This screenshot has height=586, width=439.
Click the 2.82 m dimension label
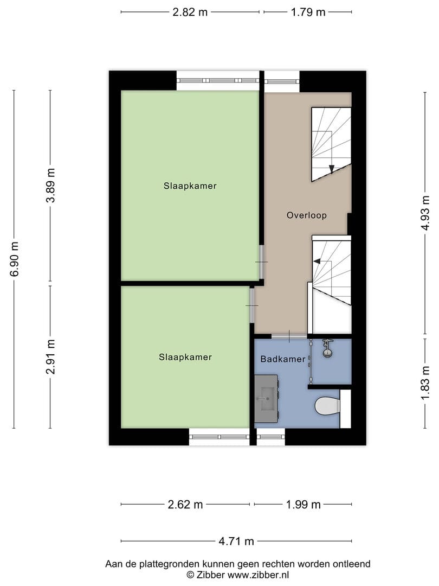click(x=190, y=12)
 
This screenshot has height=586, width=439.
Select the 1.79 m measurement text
click(x=308, y=12)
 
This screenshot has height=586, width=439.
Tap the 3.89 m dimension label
click(x=50, y=186)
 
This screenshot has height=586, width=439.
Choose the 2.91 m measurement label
click(x=50, y=357)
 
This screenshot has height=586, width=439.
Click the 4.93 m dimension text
click(x=425, y=213)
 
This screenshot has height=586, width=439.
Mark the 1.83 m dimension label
click(x=425, y=383)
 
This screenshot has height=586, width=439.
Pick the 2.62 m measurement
click(x=185, y=505)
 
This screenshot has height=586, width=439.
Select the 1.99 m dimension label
click(x=303, y=505)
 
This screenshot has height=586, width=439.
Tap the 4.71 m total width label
click(x=236, y=541)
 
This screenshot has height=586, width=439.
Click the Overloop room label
click(x=306, y=215)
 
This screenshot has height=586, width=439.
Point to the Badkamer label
click(x=283, y=359)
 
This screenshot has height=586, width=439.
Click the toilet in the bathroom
click(x=327, y=406)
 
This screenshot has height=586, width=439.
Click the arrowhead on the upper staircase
click(x=332, y=169)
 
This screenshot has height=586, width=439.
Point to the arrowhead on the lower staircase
click(x=317, y=261)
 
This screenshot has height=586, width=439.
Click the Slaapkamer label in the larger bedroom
click(x=190, y=186)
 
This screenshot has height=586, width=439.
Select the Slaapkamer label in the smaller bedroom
click(x=185, y=357)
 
